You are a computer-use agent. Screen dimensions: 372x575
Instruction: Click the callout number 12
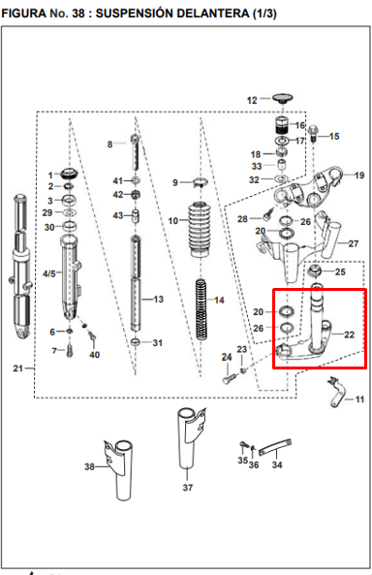pyautogui.click(x=252, y=100)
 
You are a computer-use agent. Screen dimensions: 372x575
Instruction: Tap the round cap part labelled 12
pyautogui.click(x=282, y=98)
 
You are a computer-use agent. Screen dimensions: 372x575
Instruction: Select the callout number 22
pyautogui.click(x=350, y=335)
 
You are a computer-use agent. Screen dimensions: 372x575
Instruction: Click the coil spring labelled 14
pyautogui.click(x=201, y=308)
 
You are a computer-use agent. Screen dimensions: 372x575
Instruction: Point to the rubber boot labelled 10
pyautogui.click(x=201, y=229)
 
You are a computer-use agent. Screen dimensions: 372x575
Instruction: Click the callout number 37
pyautogui.click(x=188, y=488)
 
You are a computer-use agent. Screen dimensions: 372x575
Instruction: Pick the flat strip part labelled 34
pyautogui.click(x=275, y=447)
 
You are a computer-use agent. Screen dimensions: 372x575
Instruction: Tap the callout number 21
pyautogui.click(x=18, y=368)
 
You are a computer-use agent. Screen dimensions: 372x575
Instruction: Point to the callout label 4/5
pyautogui.click(x=49, y=273)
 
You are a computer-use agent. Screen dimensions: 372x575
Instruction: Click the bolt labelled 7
pyautogui.click(x=70, y=351)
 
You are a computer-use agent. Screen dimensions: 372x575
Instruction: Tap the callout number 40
pyautogui.click(x=94, y=355)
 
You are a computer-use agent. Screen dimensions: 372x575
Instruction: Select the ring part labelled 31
pyautogui.click(x=136, y=342)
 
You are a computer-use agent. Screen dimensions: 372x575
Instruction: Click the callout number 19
pyautogui.click(x=359, y=175)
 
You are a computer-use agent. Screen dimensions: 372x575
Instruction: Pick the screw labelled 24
pyautogui.click(x=228, y=377)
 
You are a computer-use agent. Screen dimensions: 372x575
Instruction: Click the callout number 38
pyautogui.click(x=89, y=466)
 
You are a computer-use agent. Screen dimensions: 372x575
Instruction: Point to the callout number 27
pyautogui.click(x=354, y=243)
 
